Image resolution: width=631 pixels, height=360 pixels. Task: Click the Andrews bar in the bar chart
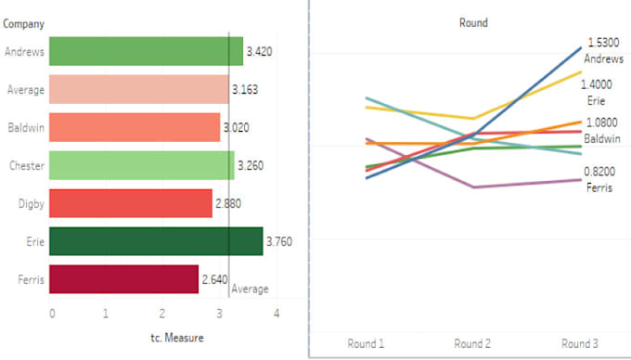[x=146, y=51]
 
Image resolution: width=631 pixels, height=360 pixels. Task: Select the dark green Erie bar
[x=155, y=241]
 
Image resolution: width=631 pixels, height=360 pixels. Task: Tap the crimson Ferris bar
[x=123, y=278]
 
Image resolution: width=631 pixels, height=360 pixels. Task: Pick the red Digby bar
[x=130, y=203]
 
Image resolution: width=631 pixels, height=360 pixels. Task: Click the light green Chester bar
[x=141, y=165]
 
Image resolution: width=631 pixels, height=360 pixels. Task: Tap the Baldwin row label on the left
[x=24, y=127]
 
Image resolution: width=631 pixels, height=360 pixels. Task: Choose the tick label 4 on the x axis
[x=277, y=314]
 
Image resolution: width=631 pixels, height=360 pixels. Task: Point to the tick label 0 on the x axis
[x=52, y=314]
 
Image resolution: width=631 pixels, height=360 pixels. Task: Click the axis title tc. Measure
[x=177, y=338]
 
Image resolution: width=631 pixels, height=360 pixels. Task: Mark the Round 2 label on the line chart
[x=472, y=343]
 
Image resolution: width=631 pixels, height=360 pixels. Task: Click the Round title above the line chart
[x=473, y=22]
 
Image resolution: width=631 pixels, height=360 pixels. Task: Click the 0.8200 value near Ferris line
[x=600, y=172]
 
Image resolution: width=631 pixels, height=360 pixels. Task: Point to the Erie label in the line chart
[x=596, y=100]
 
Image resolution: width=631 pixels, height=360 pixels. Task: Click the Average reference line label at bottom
[x=250, y=289]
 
